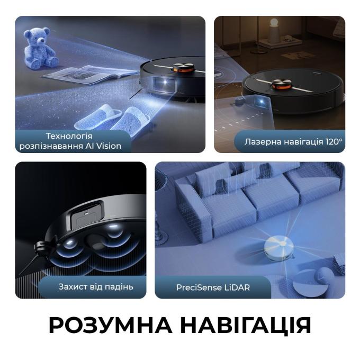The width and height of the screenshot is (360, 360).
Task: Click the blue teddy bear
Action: (40, 48)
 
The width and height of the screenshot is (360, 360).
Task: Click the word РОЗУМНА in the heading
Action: (110, 325)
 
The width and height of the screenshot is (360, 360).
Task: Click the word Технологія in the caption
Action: (69, 136)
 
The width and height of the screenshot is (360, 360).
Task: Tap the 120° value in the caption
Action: (334, 142)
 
